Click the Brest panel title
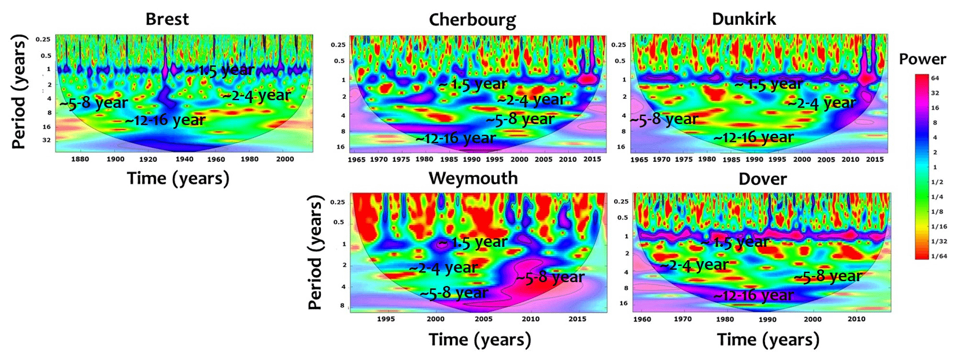[x=167, y=19]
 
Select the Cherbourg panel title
[x=472, y=20]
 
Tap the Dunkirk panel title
[x=744, y=19]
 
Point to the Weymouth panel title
[x=473, y=178]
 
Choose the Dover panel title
[x=762, y=179]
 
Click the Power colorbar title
[x=922, y=59]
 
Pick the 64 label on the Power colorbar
[x=935, y=78]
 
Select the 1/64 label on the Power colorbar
[x=939, y=256]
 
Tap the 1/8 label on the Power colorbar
[x=937, y=212]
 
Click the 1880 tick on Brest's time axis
[x=80, y=159]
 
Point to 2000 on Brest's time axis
[x=285, y=159]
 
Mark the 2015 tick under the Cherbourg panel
[x=592, y=159]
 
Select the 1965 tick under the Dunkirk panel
[x=639, y=159]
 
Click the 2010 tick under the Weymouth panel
[x=530, y=319]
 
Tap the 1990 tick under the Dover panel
[x=767, y=319]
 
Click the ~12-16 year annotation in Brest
[x=165, y=120]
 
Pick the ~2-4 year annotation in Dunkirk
[x=821, y=103]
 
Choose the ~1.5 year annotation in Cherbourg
[x=473, y=85]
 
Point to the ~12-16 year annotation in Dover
[x=754, y=296]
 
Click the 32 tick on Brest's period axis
[x=46, y=140]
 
